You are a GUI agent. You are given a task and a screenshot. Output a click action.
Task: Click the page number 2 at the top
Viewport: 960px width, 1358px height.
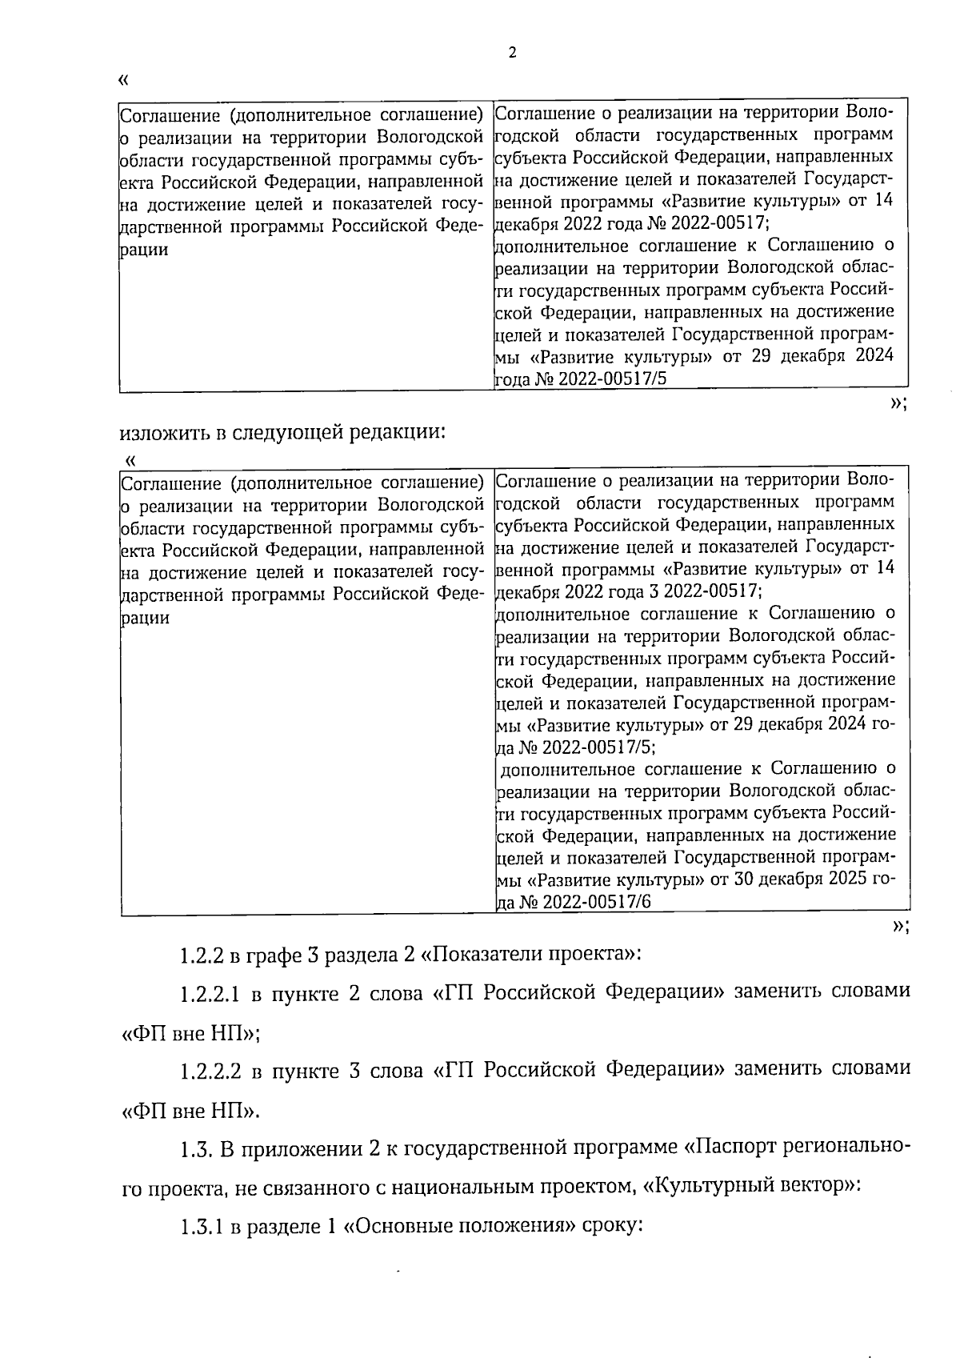[512, 54]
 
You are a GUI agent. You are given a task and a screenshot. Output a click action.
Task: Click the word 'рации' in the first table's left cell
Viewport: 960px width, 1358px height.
[145, 249]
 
